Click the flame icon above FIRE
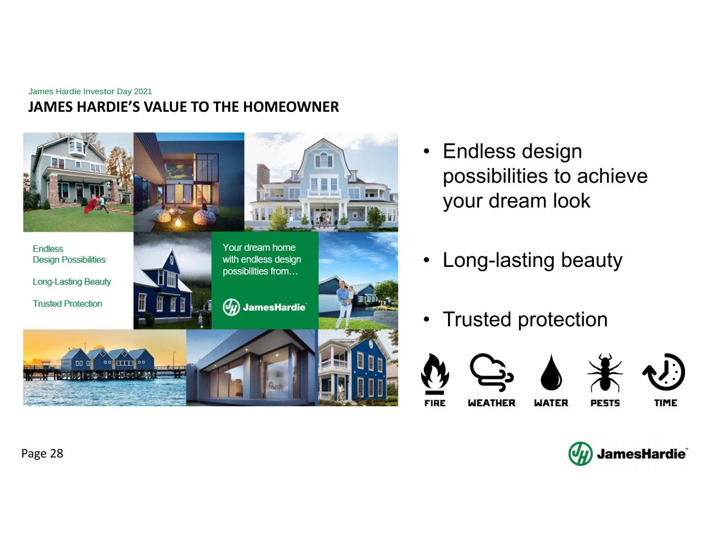tap(435, 374)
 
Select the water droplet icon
tap(551, 373)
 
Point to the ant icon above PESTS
tap(605, 373)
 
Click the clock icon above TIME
tap(663, 372)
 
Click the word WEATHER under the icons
tap(492, 403)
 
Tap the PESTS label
tap(605, 403)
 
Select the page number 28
tap(56, 453)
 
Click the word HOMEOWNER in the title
tap(291, 107)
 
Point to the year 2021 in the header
tap(143, 91)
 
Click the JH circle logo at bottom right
tap(580, 454)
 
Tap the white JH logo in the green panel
tap(232, 307)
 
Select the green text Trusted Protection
tap(67, 304)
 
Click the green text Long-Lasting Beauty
tap(72, 282)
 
